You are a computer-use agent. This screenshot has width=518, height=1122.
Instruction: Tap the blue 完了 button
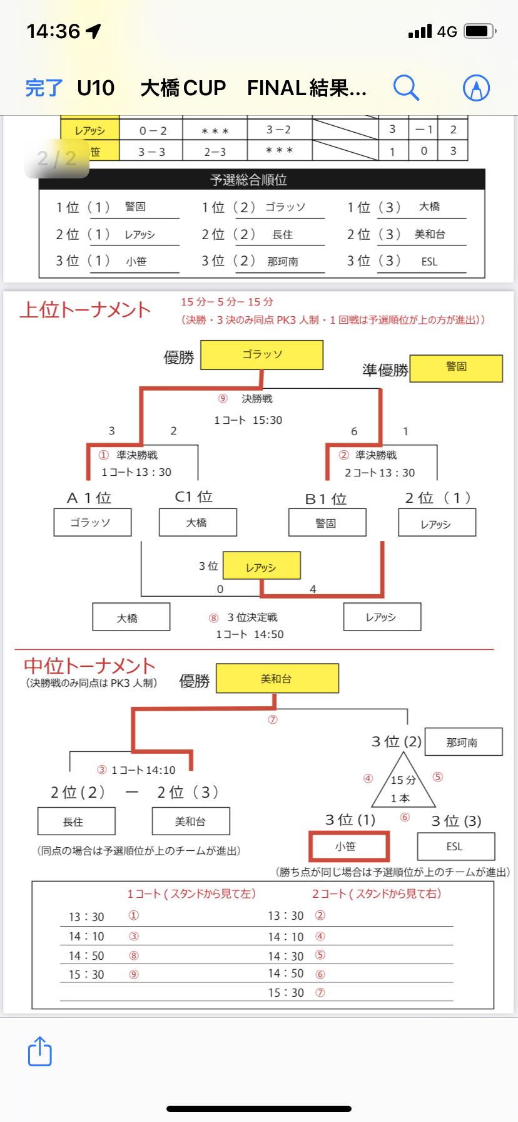(44, 88)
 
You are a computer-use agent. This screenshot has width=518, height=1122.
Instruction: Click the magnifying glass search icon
(406, 88)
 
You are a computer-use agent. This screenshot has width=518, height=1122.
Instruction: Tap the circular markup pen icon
(476, 88)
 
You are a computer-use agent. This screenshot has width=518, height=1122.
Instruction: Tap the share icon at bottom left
(40, 1051)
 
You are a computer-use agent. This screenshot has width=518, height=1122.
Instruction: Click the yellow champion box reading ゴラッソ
(262, 355)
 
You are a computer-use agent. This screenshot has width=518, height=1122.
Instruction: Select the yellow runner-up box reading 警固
(456, 368)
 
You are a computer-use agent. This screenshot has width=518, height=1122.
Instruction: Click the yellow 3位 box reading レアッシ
(262, 566)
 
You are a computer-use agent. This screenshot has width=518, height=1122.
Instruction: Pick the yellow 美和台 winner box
(277, 679)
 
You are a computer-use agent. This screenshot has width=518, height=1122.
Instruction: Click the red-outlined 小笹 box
(348, 847)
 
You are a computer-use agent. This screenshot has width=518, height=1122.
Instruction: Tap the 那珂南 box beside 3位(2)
(463, 742)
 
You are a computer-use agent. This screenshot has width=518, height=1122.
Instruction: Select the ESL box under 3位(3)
(455, 847)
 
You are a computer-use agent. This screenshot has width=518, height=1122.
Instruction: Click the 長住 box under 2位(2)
(76, 821)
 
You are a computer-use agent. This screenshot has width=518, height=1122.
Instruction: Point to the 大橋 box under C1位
(198, 522)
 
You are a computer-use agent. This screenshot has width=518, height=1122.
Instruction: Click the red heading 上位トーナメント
(85, 310)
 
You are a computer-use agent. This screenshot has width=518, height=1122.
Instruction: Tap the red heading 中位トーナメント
(89, 666)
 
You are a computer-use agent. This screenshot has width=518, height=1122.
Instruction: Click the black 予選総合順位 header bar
(262, 180)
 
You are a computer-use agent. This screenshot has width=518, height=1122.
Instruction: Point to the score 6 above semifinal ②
(354, 431)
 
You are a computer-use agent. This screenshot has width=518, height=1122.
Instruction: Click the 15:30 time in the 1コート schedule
(86, 975)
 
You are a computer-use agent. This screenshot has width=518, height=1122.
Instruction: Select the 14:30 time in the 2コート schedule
(286, 956)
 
